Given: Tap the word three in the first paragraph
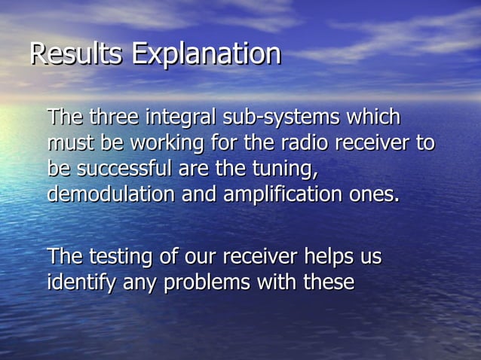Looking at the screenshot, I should [115, 117].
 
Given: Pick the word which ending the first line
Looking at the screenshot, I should [373, 117].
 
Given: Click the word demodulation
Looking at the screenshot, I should [110, 194].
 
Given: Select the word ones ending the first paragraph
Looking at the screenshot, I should [373, 194].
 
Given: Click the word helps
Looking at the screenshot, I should [330, 258].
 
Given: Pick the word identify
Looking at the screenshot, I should [78, 283].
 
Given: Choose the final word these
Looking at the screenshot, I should [327, 283].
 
